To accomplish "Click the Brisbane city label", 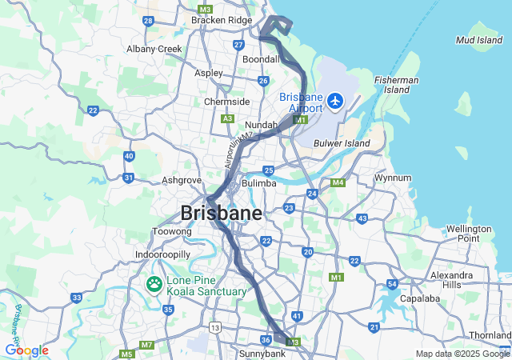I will pyautogui.click(x=222, y=214).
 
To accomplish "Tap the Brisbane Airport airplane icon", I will pyautogui.click(x=334, y=102).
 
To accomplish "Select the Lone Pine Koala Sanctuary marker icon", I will pyautogui.click(x=153, y=284).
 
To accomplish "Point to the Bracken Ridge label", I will pyautogui.click(x=221, y=20).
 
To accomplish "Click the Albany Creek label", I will pyautogui.click(x=154, y=49).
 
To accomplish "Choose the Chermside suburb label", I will pyautogui.click(x=227, y=102).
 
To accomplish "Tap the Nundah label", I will pyautogui.click(x=261, y=126).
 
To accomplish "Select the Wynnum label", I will pyautogui.click(x=393, y=178).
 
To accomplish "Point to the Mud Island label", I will pyautogui.click(x=479, y=39).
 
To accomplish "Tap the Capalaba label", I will pyautogui.click(x=420, y=298).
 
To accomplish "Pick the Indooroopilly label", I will pyautogui.click(x=162, y=254).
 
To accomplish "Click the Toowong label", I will pyautogui.click(x=172, y=232).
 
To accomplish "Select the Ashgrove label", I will pyautogui.click(x=182, y=180).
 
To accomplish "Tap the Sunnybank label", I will pyautogui.click(x=262, y=353).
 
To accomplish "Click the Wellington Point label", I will pyautogui.click(x=469, y=234).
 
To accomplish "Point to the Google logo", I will pyautogui.click(x=26, y=350).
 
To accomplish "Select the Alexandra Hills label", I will pyautogui.click(x=457, y=280).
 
